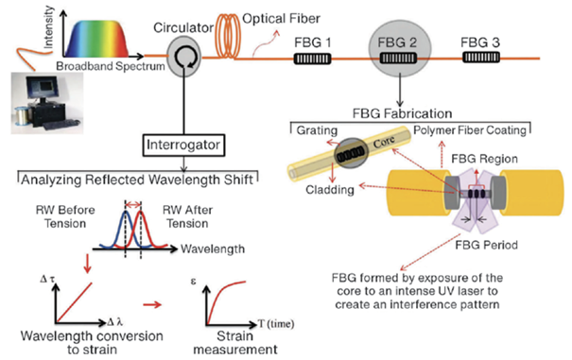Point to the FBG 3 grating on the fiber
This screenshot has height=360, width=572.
click(x=482, y=59)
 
